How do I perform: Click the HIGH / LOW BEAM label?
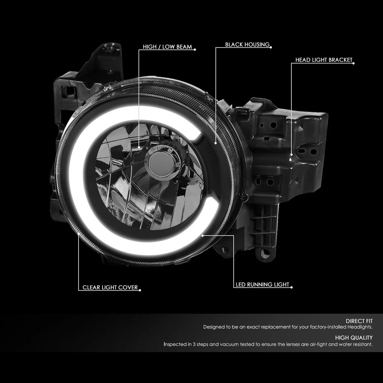(x=167, y=47)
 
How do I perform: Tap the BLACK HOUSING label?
(x=247, y=45)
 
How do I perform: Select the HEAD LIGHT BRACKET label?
(x=324, y=60)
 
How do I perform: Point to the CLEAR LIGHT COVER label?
(x=110, y=287)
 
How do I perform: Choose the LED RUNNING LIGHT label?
(x=262, y=284)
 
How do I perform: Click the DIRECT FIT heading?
(x=359, y=321)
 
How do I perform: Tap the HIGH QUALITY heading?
(x=354, y=338)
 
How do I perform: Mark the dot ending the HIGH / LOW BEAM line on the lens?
(x=139, y=147)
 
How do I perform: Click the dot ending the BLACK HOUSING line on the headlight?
(x=215, y=143)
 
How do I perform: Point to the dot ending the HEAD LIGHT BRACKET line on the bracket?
(x=291, y=154)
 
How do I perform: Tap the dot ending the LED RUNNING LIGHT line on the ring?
(x=202, y=236)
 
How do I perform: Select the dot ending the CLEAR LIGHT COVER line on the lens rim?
(x=79, y=234)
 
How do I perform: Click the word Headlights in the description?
(x=360, y=327)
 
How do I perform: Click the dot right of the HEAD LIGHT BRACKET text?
(x=353, y=64)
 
